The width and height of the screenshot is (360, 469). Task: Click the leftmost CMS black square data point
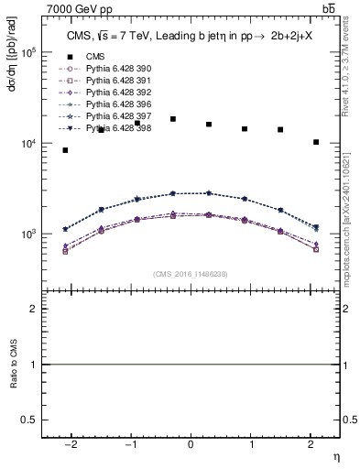(x=65, y=150)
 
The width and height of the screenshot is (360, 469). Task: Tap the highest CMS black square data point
(x=173, y=119)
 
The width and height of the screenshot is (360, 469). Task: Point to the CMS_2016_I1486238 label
(x=191, y=274)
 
